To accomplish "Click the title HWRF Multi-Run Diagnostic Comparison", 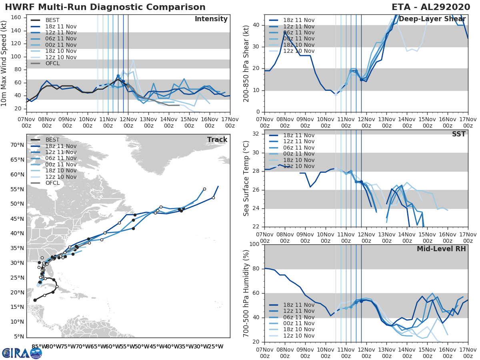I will coord(105,7).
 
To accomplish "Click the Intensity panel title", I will coord(211,19).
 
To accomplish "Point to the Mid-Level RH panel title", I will coord(441,249).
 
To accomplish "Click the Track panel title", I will coord(217,140).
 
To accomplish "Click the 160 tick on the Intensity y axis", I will coord(16,17).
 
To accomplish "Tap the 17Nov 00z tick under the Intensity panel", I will coord(230,122).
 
